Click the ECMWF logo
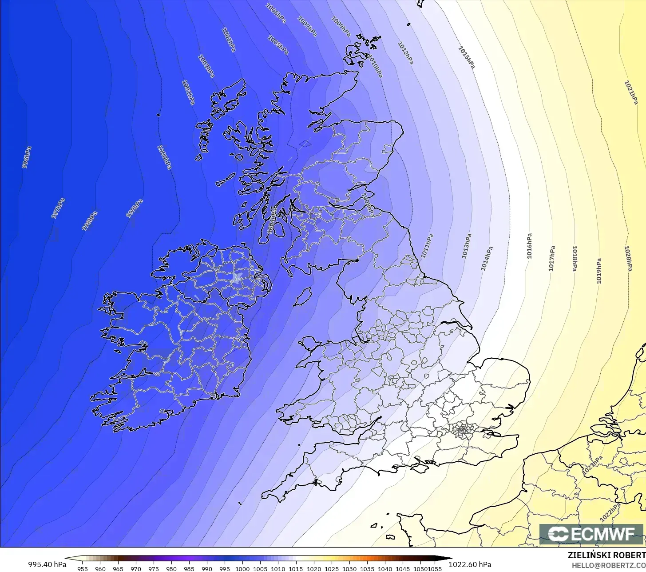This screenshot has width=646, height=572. click(x=591, y=534)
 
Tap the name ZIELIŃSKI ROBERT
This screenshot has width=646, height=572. click(x=606, y=555)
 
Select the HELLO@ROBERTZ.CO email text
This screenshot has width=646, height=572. click(x=608, y=565)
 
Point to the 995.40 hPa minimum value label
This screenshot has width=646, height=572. click(x=48, y=564)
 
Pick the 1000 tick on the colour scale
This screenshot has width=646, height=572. click(x=242, y=568)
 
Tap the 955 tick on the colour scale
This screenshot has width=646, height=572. click(x=82, y=568)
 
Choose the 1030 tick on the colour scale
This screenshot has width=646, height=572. click(x=349, y=568)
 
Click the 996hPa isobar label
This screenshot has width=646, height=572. click(x=27, y=157)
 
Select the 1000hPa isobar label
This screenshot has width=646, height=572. click(x=164, y=157)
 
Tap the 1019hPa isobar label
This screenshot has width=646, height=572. click(x=598, y=271)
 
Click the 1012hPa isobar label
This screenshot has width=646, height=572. click(x=405, y=53)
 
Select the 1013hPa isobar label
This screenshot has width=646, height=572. click(x=466, y=247)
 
